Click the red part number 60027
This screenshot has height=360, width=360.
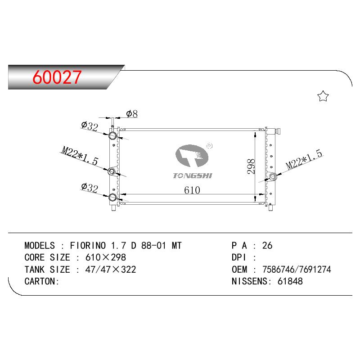click(x=57, y=77)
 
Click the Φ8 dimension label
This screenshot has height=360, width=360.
click(x=132, y=114)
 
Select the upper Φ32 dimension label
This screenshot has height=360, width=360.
click(x=90, y=126)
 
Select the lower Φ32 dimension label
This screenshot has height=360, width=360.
click(x=90, y=188)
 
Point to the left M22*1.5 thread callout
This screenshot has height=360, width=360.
click(x=80, y=156)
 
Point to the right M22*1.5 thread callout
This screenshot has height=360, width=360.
click(x=304, y=160)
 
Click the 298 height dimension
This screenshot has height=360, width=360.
click(x=251, y=166)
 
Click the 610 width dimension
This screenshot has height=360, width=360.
click(x=192, y=190)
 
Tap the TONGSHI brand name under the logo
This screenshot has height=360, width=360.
click(x=193, y=175)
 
